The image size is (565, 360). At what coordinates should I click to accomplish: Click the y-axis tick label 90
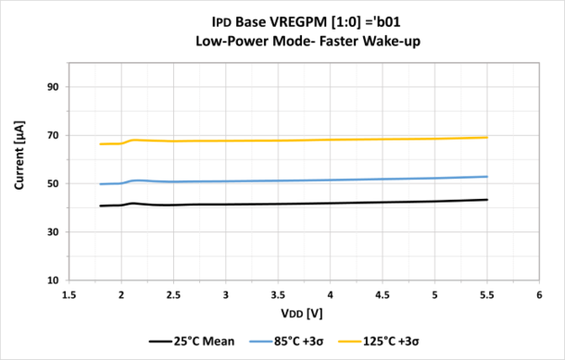point(53,87)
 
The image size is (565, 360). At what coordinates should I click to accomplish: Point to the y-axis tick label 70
point(53,135)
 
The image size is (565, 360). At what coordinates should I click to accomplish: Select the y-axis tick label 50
point(53,183)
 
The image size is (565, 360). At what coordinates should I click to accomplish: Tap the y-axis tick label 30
point(53,231)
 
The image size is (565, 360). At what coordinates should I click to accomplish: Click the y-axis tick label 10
point(53,279)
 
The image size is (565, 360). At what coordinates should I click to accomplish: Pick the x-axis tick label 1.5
point(69,295)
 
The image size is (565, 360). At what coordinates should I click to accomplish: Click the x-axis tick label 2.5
point(173,295)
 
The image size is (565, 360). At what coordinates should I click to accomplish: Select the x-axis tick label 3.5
point(278,295)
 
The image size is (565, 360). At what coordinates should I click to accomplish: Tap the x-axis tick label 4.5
point(383,295)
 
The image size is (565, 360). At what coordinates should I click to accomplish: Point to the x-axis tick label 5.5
point(487,295)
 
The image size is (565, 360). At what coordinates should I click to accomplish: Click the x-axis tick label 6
point(539,295)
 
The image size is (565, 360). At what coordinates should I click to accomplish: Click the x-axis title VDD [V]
point(304,314)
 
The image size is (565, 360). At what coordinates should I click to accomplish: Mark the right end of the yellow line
point(487,138)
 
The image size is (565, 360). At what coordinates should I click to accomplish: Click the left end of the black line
point(100,205)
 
